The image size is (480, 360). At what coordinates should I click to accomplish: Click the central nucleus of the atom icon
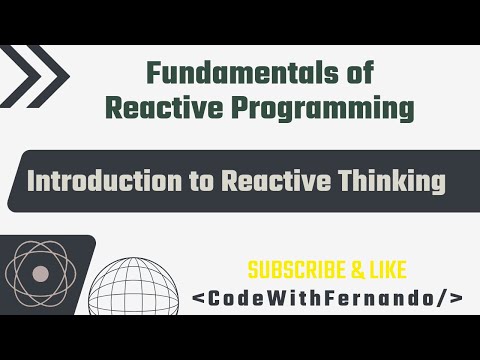(40, 274)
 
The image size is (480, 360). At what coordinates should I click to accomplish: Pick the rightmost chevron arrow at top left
(50, 74)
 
